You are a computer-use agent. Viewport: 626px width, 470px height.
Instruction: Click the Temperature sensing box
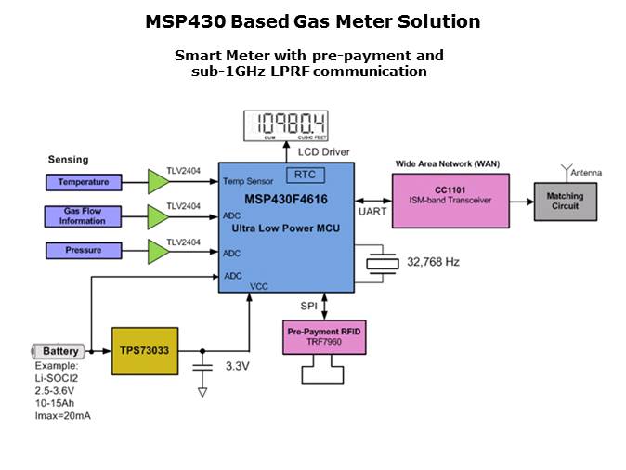coord(84,182)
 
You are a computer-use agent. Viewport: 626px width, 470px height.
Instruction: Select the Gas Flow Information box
coord(84,216)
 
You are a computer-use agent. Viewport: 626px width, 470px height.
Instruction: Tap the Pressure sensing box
coord(84,250)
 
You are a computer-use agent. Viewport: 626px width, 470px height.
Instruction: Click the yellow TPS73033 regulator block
coord(143,351)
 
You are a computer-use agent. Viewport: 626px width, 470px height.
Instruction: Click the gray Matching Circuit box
coord(565,201)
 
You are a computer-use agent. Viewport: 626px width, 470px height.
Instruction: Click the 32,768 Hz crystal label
coord(433,263)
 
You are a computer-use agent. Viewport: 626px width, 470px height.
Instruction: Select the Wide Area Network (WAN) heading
coord(447,163)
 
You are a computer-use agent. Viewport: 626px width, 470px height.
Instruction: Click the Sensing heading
coord(68,160)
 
